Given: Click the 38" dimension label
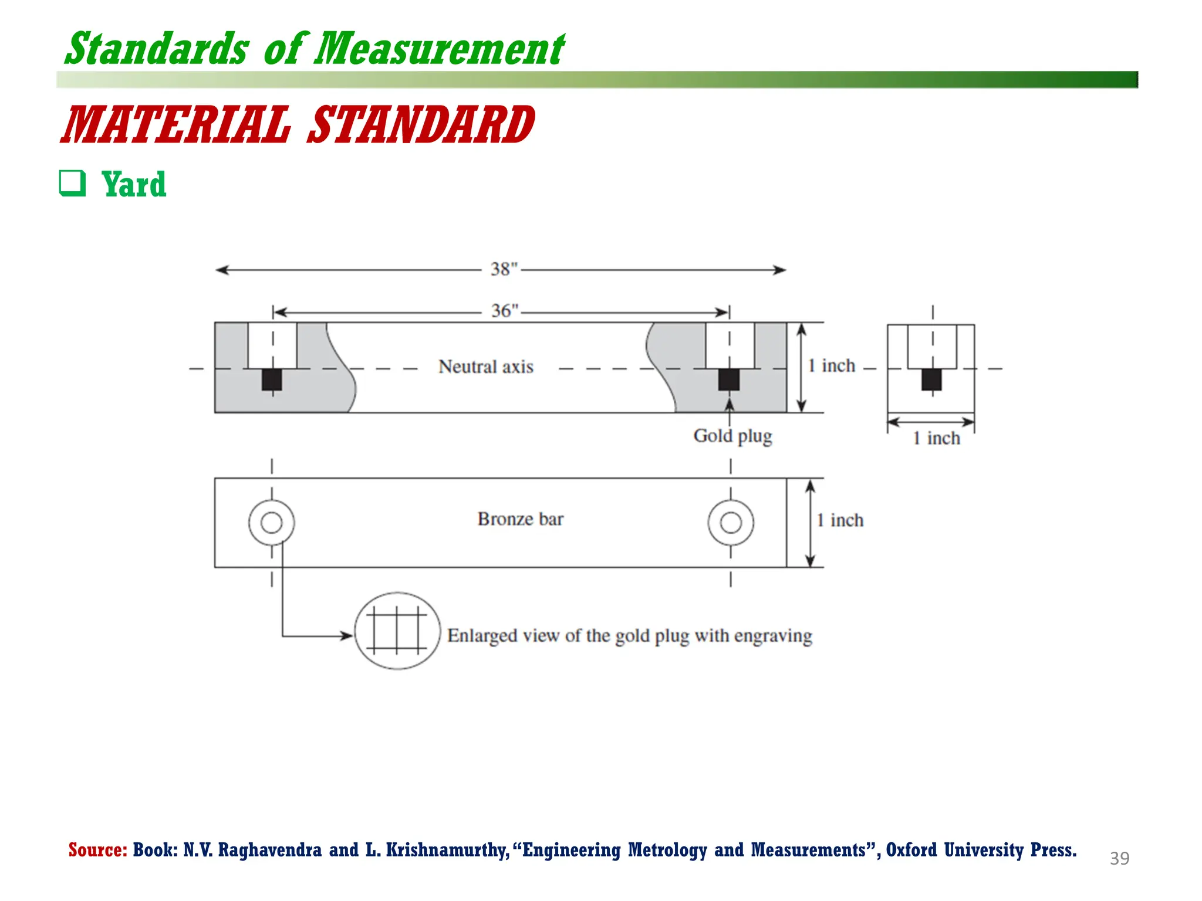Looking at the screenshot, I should [504, 269].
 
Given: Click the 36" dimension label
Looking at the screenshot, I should [505, 311].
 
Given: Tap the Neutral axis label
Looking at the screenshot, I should [485, 367].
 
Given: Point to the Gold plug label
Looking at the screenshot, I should [732, 436].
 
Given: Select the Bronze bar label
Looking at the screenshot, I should [520, 519].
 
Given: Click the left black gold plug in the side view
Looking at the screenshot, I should [272, 380].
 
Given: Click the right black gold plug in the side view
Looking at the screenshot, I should [729, 380].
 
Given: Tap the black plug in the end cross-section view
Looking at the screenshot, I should [931, 380].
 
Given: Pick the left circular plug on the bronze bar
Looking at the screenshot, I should [271, 522].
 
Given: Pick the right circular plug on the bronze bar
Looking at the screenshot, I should [731, 522].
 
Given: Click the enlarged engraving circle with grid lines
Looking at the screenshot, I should [397, 631].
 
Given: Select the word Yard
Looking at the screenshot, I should [134, 185].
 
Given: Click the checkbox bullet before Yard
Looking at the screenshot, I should [72, 184].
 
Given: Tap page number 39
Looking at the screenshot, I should [1119, 859].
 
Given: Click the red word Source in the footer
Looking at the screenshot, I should [97, 850].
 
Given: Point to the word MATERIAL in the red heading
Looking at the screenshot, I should [177, 125].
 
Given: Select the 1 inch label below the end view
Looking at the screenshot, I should [936, 438].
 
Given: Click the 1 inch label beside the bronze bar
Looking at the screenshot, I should [840, 520].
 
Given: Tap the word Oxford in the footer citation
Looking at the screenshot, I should [911, 850].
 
